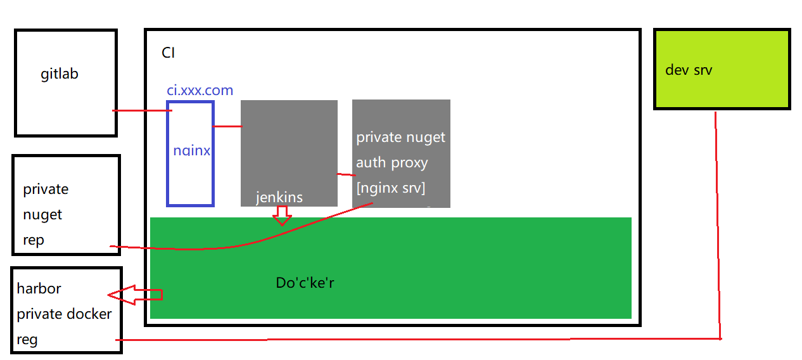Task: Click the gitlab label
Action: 60,74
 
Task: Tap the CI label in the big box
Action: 169,53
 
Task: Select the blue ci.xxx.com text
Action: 200,91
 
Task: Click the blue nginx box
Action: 191,153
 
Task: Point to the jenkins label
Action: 279,197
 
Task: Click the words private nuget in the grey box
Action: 400,138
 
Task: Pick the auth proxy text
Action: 391,163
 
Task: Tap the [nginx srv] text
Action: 390,188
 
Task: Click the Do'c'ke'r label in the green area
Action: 305,283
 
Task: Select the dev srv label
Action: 689,70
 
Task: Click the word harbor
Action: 39,288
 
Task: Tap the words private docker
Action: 64,314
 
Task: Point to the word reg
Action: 27,340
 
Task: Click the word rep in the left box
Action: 34,240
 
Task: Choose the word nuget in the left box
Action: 42,215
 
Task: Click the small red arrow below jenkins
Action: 282,217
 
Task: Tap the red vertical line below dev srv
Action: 718,222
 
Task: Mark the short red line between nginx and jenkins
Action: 227,127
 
